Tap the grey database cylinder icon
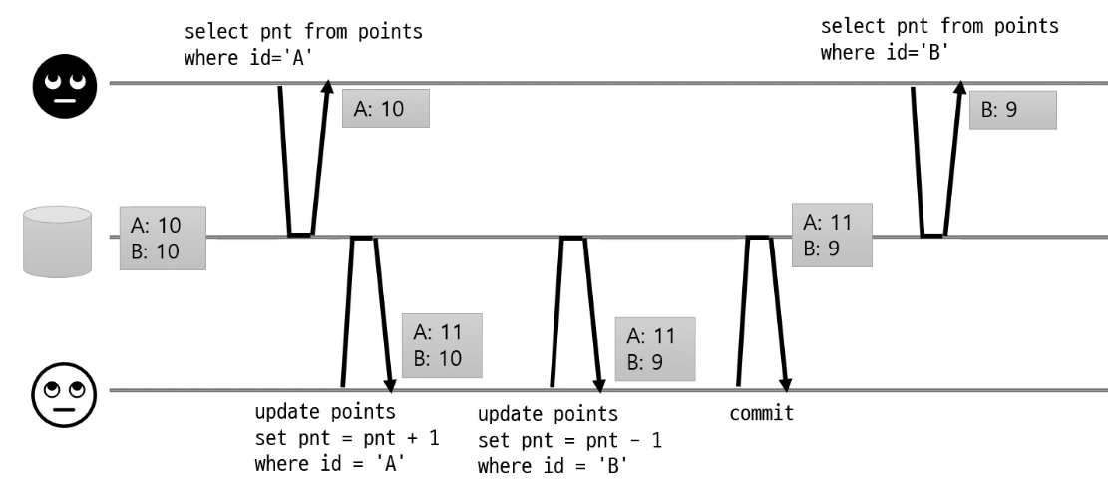point(57,239)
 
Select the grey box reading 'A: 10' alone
point(385,108)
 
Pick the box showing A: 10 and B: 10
point(163,239)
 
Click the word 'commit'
point(762,413)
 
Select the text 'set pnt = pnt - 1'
point(570,440)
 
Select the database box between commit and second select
point(832,236)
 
